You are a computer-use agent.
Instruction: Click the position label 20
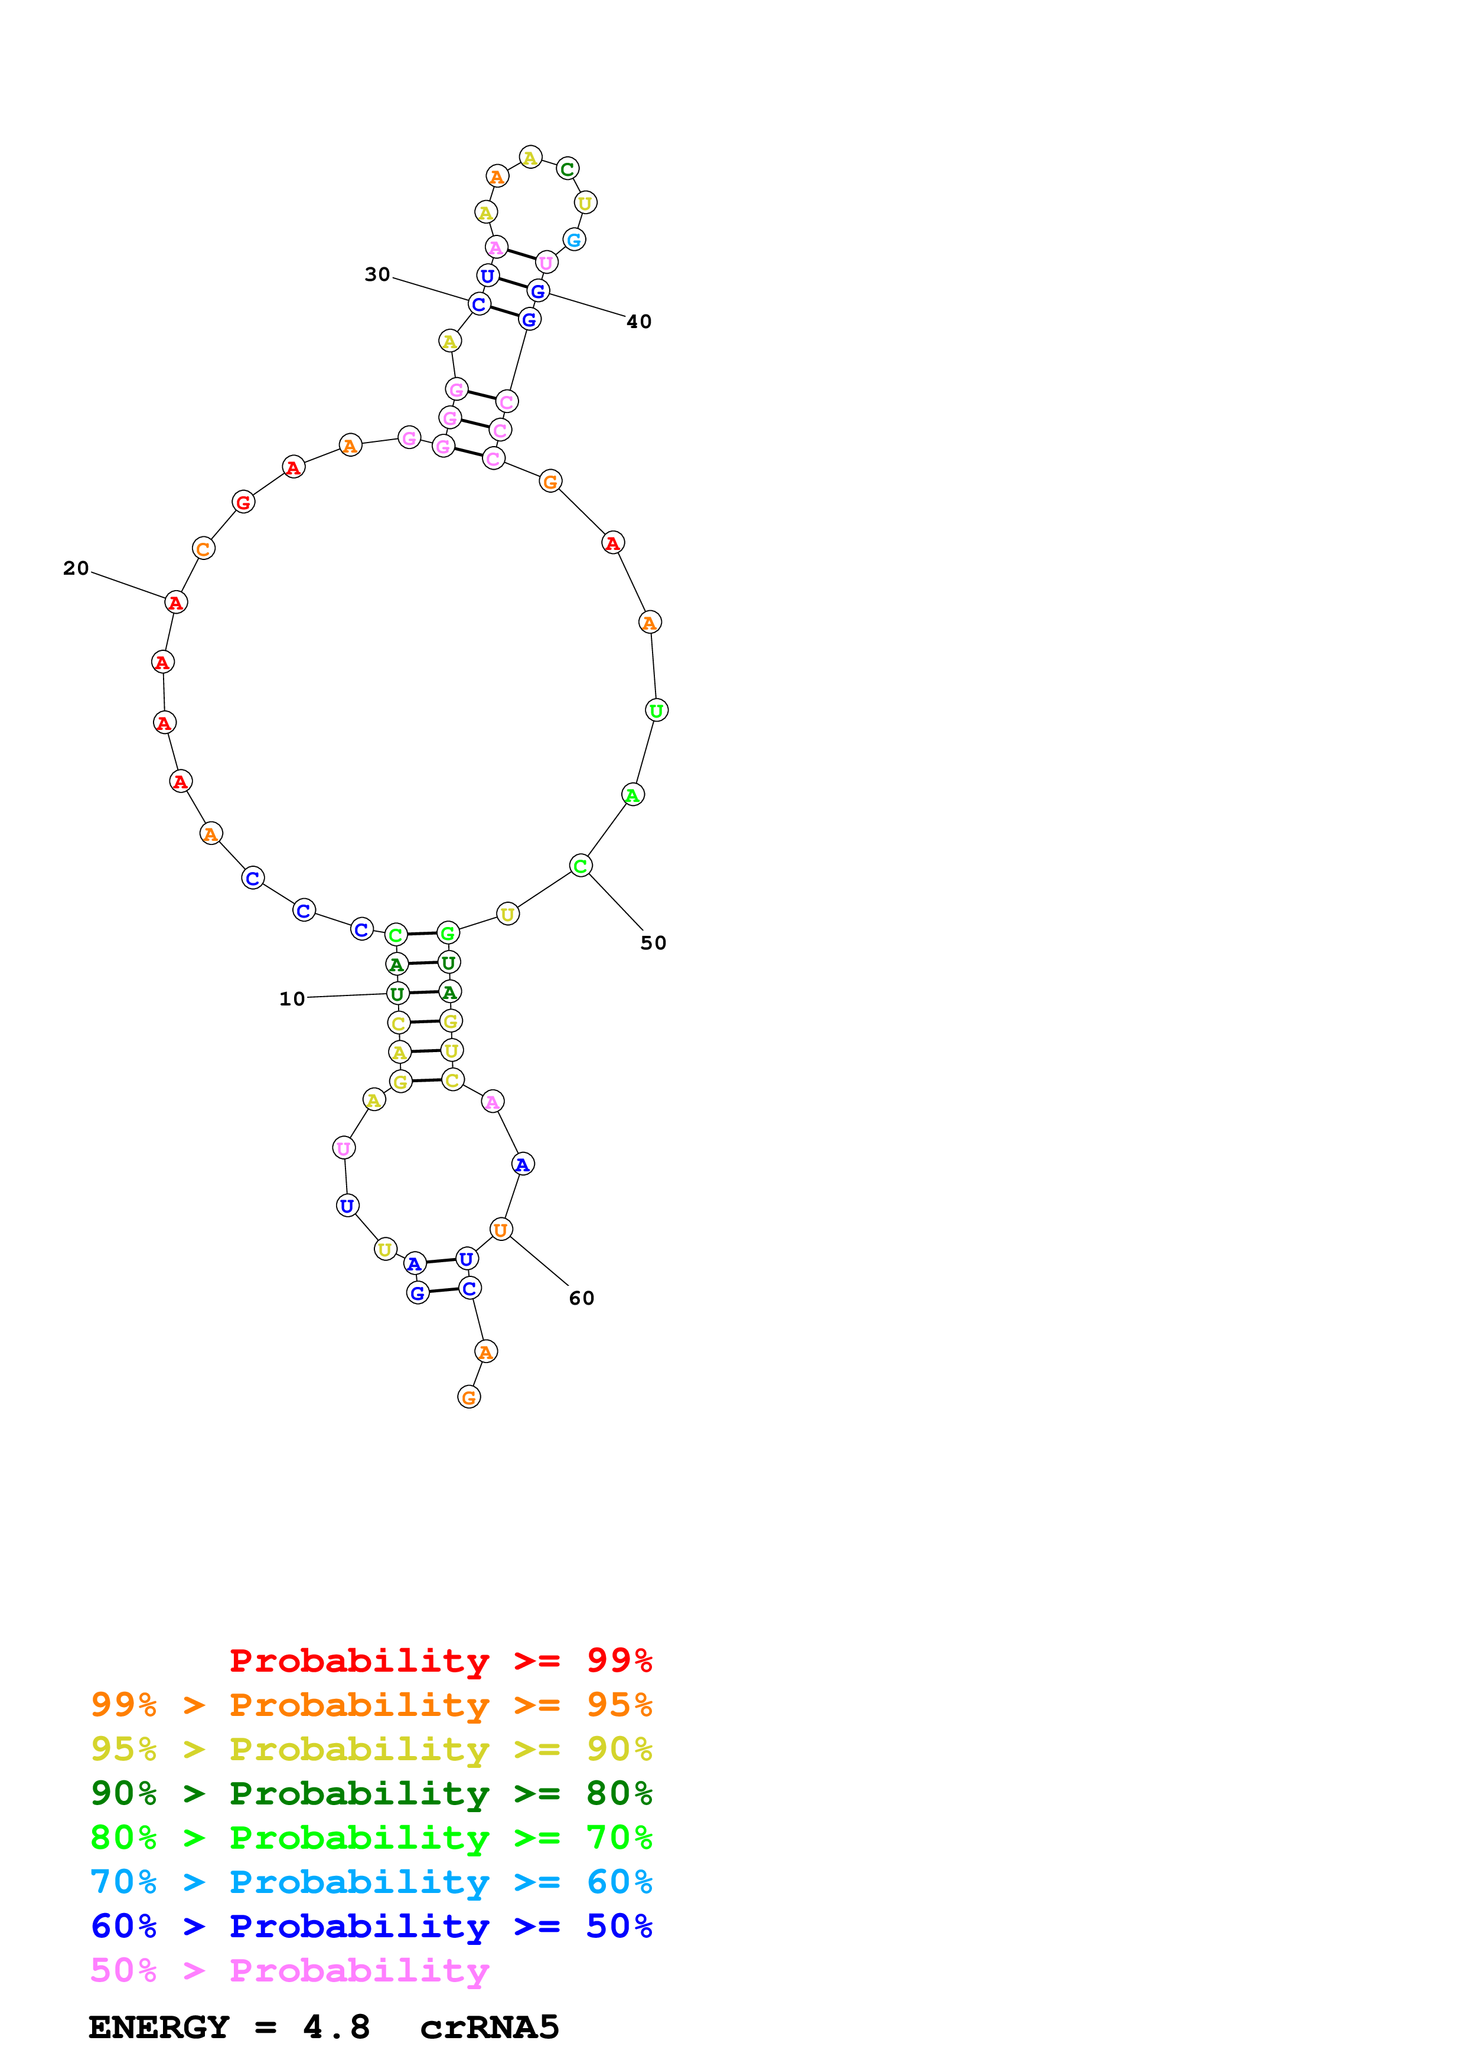point(76,568)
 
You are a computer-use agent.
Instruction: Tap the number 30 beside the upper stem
point(377,274)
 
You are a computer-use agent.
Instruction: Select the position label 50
point(653,943)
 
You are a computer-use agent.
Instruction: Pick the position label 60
point(582,1298)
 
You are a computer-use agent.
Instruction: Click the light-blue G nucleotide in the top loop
point(573,240)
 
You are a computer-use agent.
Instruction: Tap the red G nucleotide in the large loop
point(243,502)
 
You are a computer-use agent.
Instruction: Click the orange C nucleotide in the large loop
point(204,548)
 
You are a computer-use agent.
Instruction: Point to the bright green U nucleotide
point(657,710)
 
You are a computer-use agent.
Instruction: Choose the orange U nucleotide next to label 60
point(501,1229)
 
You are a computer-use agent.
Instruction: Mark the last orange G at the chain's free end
point(469,1397)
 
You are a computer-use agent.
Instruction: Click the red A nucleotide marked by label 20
point(176,602)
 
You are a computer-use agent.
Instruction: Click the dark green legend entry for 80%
point(371,1793)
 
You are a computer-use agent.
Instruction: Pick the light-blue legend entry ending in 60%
point(371,1882)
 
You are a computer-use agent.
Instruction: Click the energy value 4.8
point(337,2028)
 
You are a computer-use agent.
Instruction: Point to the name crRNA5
point(489,2028)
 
